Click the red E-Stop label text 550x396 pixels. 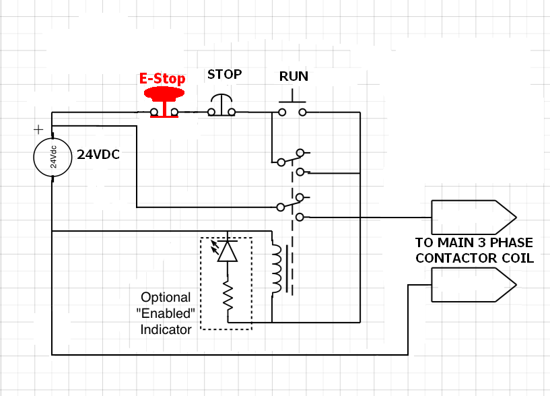(x=162, y=78)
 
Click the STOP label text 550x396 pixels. (x=224, y=74)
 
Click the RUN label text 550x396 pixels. (x=294, y=77)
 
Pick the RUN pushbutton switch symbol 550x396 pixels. (x=292, y=108)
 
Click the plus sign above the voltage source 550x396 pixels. (x=38, y=129)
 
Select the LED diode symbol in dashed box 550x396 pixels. (x=228, y=251)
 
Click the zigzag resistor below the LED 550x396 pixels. (x=228, y=297)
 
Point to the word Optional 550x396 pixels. (x=166, y=297)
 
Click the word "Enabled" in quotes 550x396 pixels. (x=166, y=313)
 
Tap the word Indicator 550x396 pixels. (x=166, y=329)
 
